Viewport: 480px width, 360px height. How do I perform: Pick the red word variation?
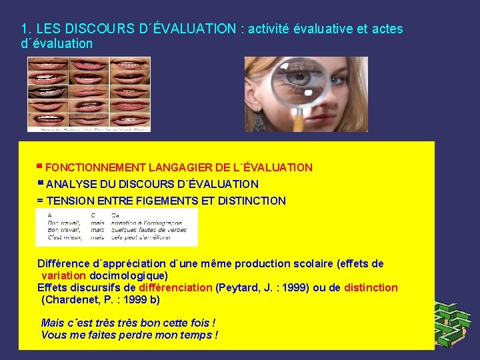(63, 275)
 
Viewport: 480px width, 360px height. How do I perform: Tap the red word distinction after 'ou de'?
(370, 288)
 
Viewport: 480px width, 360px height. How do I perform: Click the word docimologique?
(127, 275)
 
